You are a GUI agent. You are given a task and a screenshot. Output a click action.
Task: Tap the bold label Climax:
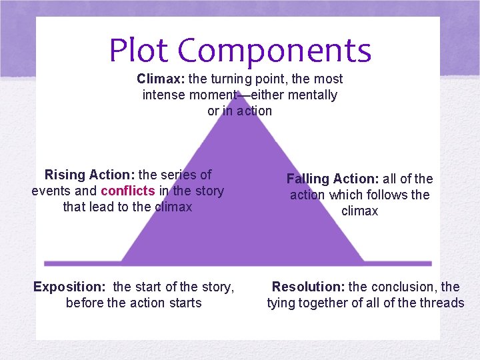click(x=161, y=79)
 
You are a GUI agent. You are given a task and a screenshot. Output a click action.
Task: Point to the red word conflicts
click(x=127, y=191)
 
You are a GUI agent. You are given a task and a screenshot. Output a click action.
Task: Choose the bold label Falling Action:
click(x=333, y=179)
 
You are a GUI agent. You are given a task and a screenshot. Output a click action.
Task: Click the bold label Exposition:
click(x=69, y=287)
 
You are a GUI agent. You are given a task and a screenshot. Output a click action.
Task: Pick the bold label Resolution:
click(x=308, y=287)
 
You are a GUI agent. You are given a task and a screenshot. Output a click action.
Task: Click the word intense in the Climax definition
click(x=164, y=95)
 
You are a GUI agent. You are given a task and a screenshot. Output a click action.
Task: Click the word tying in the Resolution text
click(x=281, y=303)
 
